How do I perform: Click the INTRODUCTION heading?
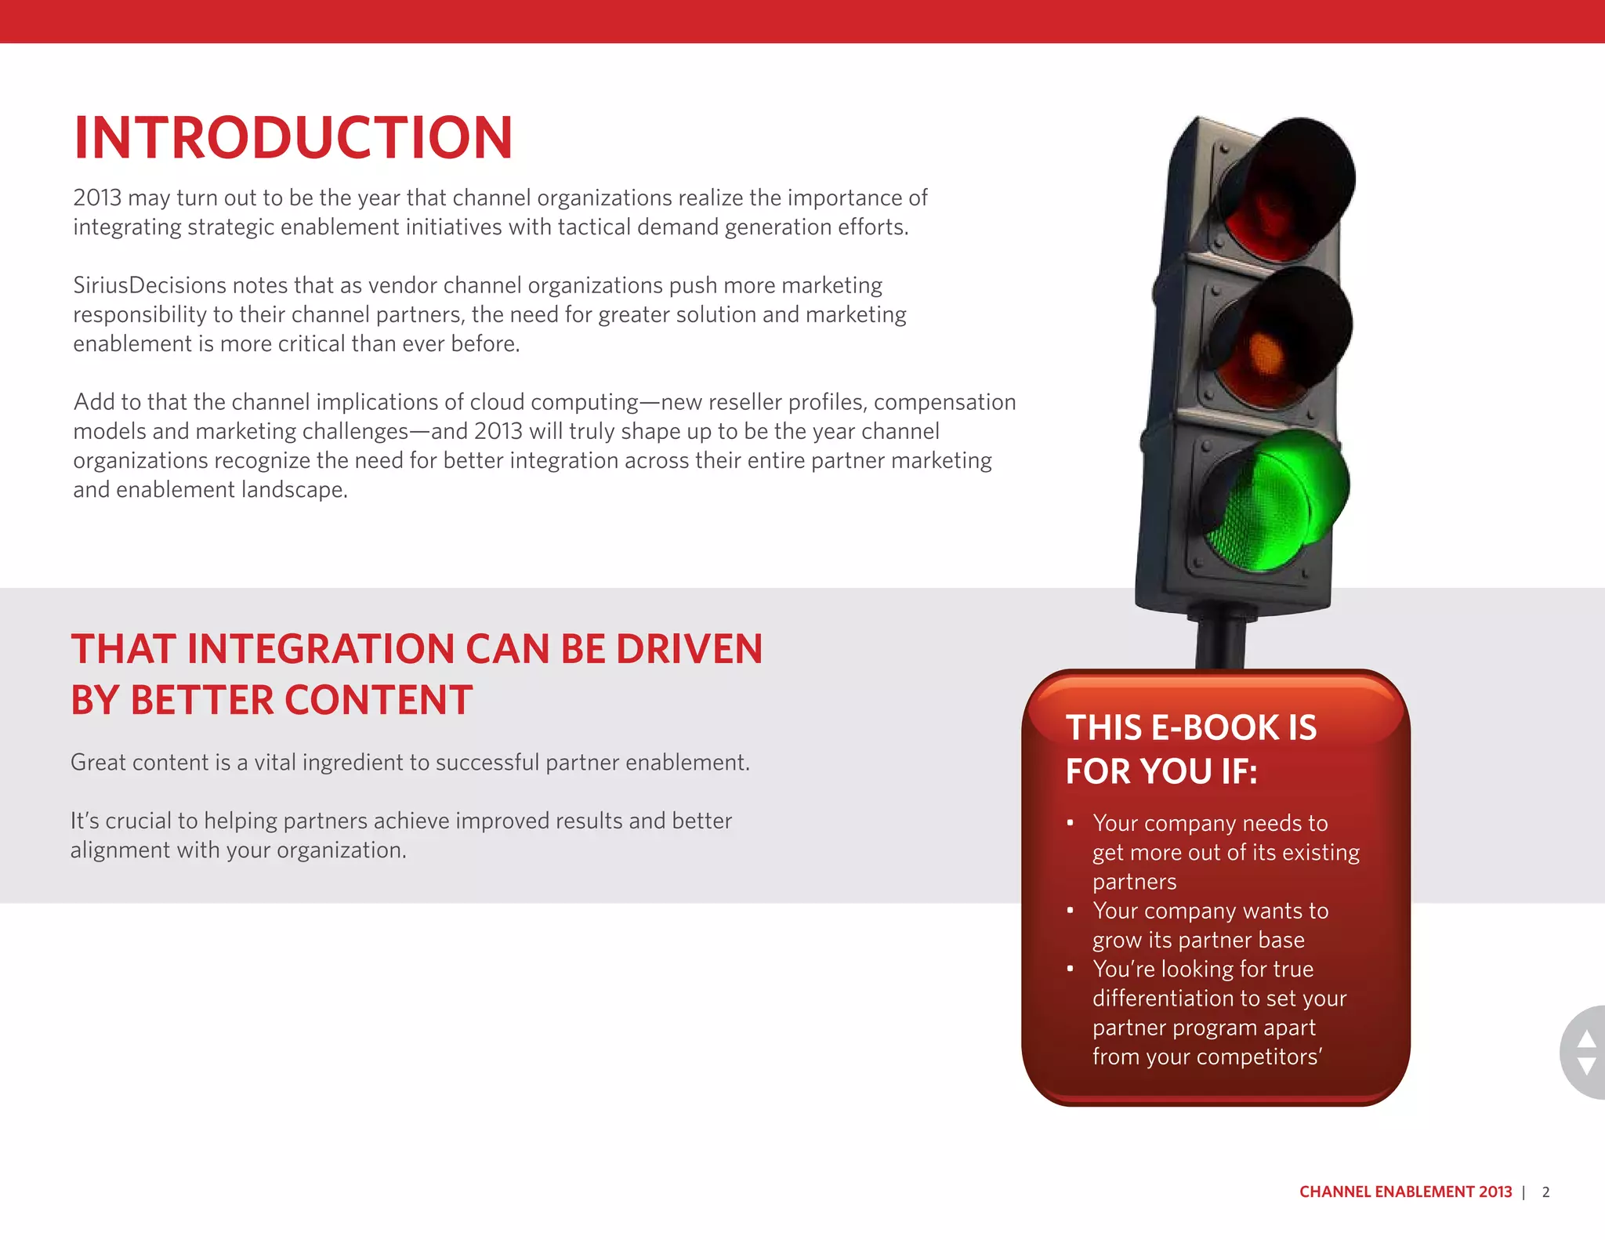coord(293,138)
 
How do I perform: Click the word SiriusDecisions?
coord(150,285)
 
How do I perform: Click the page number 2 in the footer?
coord(1545,1192)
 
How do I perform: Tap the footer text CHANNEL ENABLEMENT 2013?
coord(1405,1192)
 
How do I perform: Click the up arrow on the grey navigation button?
coord(1586,1039)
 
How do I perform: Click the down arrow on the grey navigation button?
coord(1586,1066)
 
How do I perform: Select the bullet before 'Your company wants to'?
coord(1071,911)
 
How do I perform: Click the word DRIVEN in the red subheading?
coord(689,650)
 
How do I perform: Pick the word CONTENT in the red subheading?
coord(379,701)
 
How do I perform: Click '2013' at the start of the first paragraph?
coord(97,198)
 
